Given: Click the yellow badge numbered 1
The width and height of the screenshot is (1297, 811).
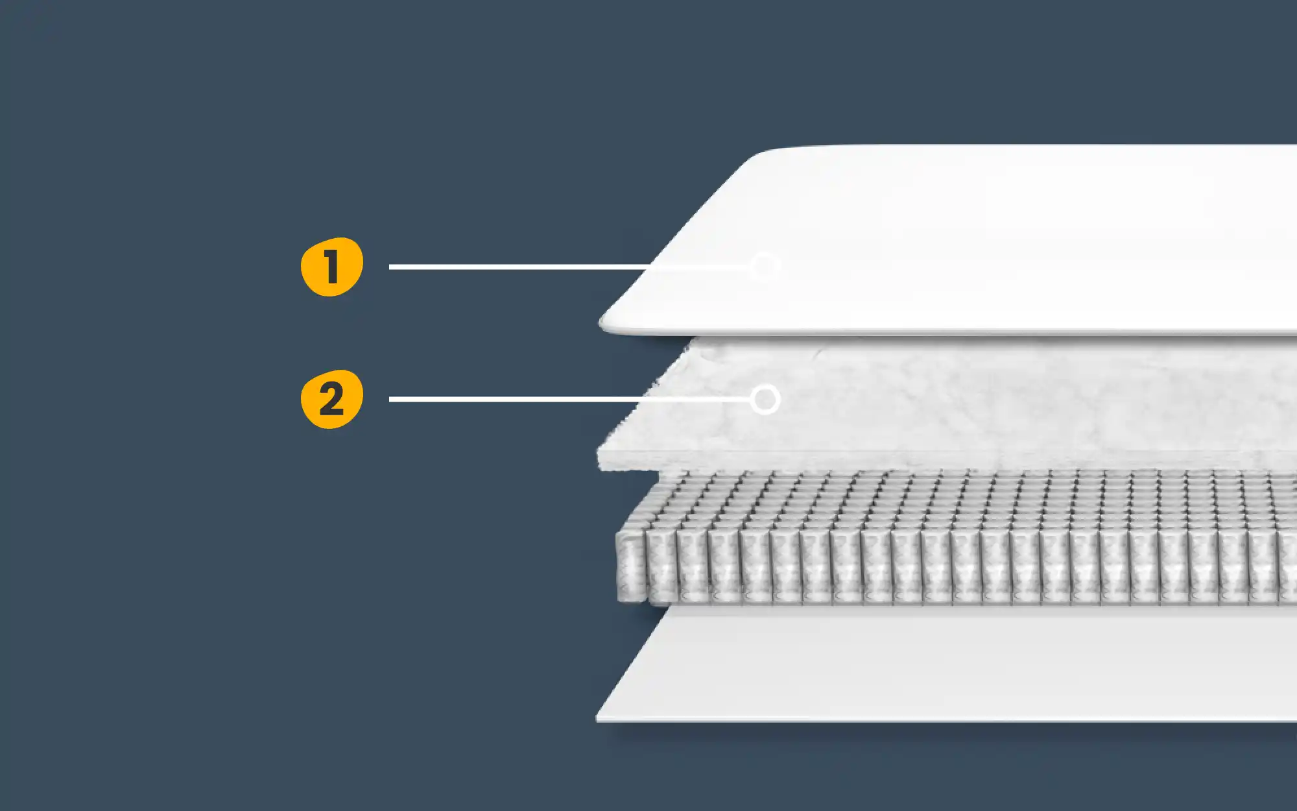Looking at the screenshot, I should coord(331,267).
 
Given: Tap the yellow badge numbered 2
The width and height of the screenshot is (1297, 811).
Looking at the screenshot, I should coord(331,399).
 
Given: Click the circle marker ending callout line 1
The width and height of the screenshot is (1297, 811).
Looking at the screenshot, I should coord(764,267).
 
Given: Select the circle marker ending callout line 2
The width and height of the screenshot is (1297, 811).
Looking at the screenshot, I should coord(765,399).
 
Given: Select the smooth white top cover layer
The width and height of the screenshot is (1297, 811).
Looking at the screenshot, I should coord(1005,240).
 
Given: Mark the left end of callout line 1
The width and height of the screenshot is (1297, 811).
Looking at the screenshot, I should coord(391,267).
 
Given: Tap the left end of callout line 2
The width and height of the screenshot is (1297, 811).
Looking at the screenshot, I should coord(391,399).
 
